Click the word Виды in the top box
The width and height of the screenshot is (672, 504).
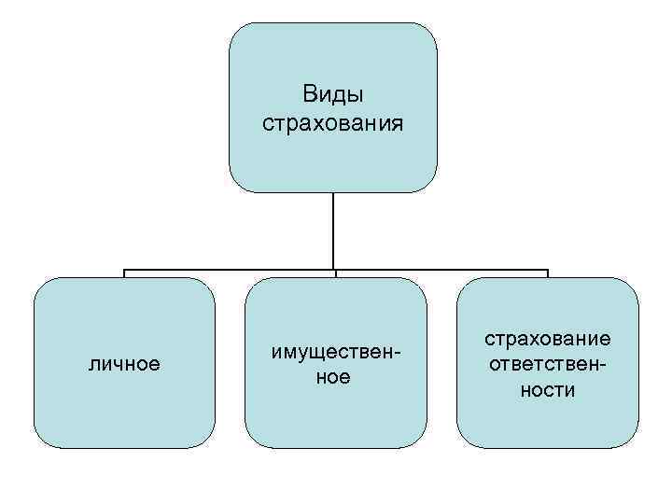click(x=333, y=94)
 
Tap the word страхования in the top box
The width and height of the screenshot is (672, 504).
click(x=333, y=123)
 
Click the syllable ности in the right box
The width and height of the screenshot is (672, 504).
click(x=548, y=389)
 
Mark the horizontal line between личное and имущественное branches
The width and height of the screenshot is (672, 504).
click(x=229, y=271)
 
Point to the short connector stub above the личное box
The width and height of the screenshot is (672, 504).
click(x=124, y=274)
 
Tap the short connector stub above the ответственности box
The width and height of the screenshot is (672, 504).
click(x=548, y=274)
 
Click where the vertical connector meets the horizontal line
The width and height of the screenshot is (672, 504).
click(x=333, y=271)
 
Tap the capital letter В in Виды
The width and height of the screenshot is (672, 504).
click(x=310, y=94)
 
